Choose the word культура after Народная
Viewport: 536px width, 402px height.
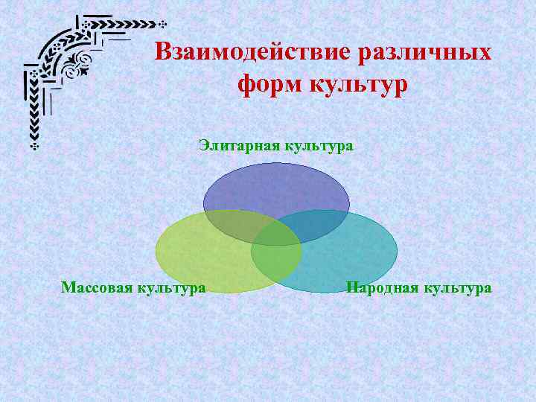(x=458, y=287)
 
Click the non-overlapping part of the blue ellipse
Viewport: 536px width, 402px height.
(x=276, y=186)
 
